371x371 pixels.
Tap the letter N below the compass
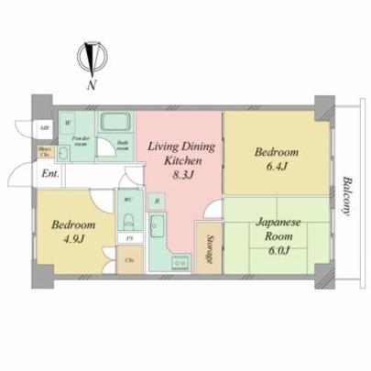point(91,85)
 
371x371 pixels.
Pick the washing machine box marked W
point(68,123)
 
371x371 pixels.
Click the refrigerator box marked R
point(157,201)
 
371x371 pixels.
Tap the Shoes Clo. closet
point(44,152)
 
